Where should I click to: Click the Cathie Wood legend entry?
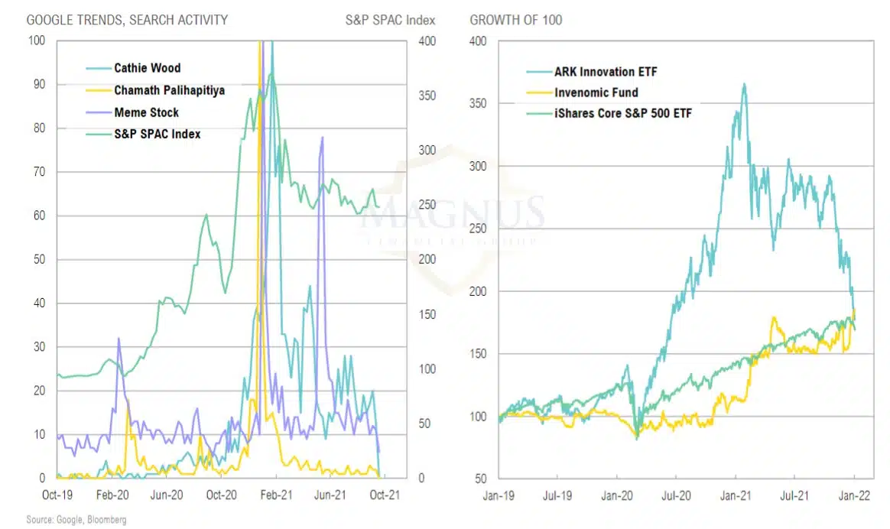click(x=146, y=68)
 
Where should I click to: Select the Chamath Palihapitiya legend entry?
click(x=169, y=90)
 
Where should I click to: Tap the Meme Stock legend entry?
click(x=146, y=112)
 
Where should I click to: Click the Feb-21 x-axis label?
click(x=274, y=495)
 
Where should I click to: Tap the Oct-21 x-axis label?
click(x=383, y=495)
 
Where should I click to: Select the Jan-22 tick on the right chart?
click(x=854, y=495)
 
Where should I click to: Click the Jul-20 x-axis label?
click(x=677, y=495)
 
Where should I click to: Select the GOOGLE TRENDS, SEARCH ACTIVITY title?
click(x=127, y=19)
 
